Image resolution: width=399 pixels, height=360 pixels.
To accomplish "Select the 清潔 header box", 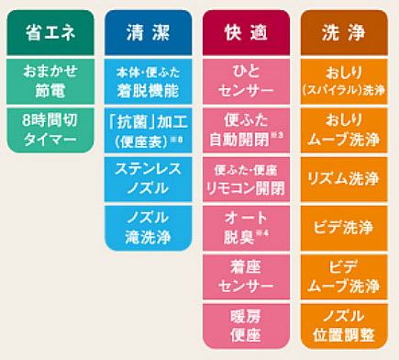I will tap(146, 33).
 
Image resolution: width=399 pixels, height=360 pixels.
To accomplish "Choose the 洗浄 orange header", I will tap(343, 33).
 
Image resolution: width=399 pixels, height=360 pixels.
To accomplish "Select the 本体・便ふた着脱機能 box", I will tap(146, 81).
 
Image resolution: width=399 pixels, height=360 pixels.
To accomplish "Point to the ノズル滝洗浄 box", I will tap(146, 228).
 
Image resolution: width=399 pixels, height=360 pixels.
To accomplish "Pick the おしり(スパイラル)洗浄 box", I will tap(343, 81).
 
